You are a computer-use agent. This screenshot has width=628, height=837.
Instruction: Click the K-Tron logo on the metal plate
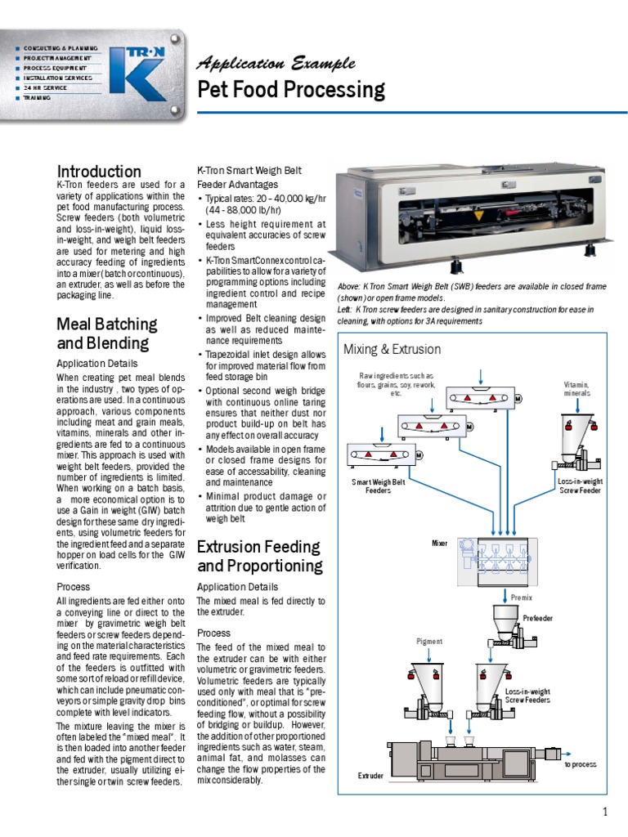[x=140, y=72]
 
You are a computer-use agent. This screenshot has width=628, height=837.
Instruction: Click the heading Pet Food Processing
[x=292, y=89]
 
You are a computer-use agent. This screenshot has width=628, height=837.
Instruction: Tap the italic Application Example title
[x=277, y=64]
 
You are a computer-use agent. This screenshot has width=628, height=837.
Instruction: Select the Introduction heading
[x=99, y=172]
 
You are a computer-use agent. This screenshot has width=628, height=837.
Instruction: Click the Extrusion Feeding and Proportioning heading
[x=259, y=556]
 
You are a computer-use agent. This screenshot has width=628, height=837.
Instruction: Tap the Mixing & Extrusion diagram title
[x=392, y=349]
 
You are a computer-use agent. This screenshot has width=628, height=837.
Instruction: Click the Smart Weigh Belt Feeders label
[x=378, y=486]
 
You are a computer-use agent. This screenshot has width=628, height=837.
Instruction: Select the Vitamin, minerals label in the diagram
[x=576, y=388]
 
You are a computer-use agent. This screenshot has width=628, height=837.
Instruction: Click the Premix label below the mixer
[x=522, y=598]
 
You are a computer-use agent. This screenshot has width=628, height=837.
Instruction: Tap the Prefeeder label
[x=538, y=619]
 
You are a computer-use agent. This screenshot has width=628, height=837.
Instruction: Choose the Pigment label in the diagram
[x=428, y=642]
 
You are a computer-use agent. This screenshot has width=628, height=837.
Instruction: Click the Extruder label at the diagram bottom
[x=370, y=774]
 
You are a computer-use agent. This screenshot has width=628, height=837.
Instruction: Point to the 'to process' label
[x=580, y=764]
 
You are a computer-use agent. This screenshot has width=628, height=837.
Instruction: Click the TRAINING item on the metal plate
[x=38, y=97]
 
